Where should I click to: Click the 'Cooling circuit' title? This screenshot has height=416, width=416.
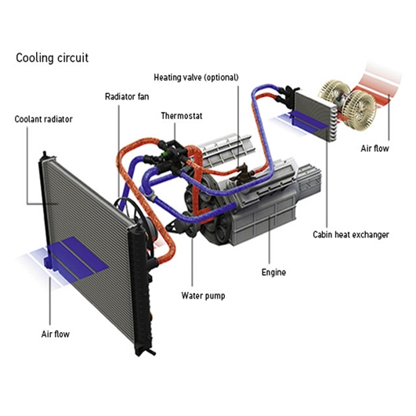coord(52,58)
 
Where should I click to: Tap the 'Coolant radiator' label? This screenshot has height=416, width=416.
coord(44,119)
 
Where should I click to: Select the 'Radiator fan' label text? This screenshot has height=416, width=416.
coord(127,96)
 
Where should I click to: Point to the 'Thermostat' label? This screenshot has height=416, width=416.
coord(182,116)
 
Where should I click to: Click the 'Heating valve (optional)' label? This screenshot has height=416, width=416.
coord(197,78)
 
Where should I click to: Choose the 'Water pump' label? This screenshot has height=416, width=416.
coord(203,295)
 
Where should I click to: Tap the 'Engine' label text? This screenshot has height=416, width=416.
coord(273,273)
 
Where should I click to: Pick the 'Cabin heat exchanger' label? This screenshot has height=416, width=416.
coord(351,234)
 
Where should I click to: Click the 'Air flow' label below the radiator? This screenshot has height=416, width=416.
coord(56,334)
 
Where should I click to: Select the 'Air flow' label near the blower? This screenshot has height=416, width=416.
coord(375,149)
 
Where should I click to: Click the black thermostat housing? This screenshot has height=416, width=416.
coord(171,155)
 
